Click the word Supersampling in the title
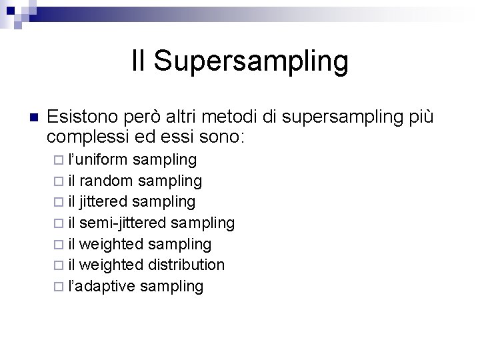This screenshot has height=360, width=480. (251, 61)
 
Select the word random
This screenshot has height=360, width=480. (109, 180)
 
